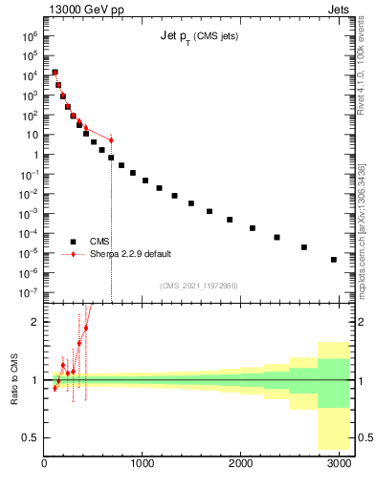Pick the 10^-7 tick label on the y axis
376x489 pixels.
click(29, 293)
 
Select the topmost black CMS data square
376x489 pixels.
click(55, 73)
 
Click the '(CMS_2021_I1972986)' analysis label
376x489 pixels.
click(198, 286)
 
